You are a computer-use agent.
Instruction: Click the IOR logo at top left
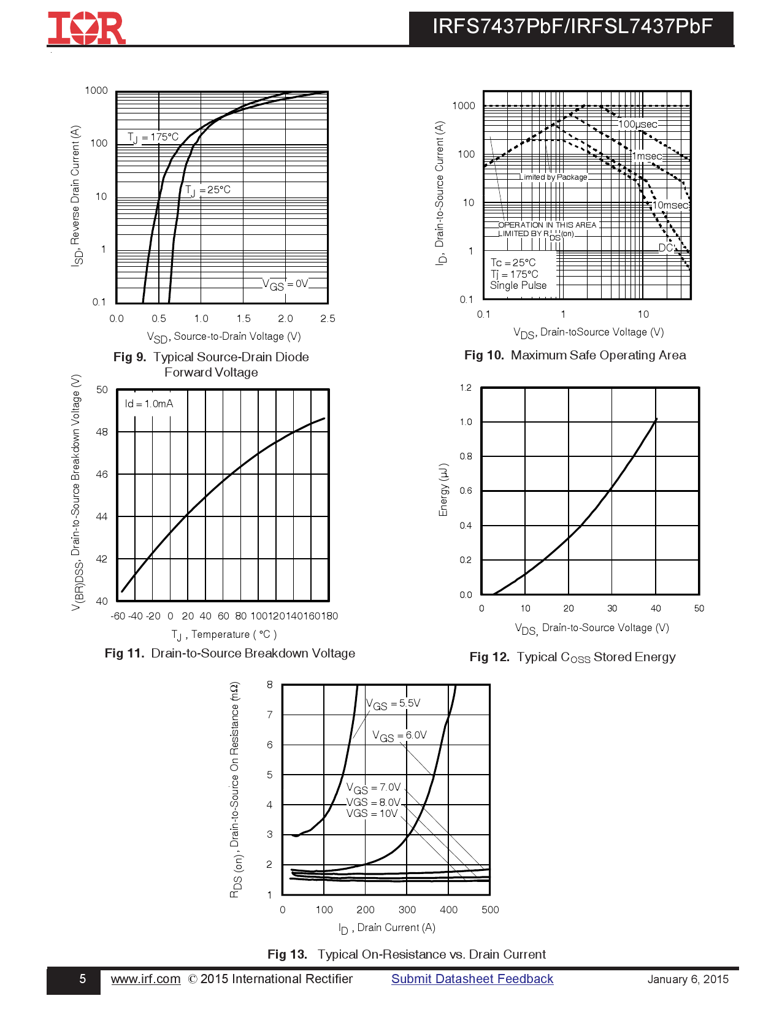[x=86, y=28]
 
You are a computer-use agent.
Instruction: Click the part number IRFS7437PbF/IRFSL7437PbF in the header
[x=572, y=27]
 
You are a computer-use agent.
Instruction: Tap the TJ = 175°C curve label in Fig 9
[x=153, y=137]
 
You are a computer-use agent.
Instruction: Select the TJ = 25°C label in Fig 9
[x=208, y=190]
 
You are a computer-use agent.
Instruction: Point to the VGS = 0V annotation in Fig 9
[x=285, y=284]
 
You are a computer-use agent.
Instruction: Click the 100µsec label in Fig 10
[x=637, y=125]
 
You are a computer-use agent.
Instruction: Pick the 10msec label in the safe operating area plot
[x=670, y=205]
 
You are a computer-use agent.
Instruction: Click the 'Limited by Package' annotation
[x=553, y=177]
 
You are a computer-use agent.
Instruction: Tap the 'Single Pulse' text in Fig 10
[x=518, y=285]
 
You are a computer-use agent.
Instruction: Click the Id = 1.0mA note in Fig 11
[x=149, y=404]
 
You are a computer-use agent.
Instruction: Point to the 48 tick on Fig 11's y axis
[x=102, y=432]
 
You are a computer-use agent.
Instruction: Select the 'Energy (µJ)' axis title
[x=443, y=490]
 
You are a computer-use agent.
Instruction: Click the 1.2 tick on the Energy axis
[x=466, y=388]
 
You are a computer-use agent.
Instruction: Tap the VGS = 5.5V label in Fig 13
[x=393, y=704]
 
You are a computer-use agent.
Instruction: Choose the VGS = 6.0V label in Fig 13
[x=399, y=735]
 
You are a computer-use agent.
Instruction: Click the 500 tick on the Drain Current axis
[x=490, y=910]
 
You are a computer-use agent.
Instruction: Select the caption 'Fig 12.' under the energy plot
[x=489, y=657]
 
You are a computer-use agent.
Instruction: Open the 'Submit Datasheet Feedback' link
[x=472, y=979]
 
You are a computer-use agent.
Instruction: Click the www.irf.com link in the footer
[x=145, y=979]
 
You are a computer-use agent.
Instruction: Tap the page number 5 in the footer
[x=83, y=979]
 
